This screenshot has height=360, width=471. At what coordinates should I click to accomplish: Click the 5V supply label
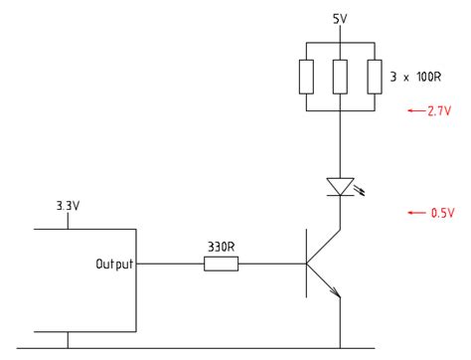[x=340, y=19]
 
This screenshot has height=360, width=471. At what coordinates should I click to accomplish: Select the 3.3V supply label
[x=68, y=207]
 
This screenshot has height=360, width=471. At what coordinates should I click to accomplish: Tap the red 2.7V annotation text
[x=440, y=111]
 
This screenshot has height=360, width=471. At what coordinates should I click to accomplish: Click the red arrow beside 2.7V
[x=415, y=111]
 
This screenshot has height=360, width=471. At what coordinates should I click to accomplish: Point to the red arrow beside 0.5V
[x=415, y=212]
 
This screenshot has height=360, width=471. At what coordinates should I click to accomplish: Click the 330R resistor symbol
[x=221, y=264]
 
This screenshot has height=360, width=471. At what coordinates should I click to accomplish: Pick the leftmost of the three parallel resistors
[x=306, y=77]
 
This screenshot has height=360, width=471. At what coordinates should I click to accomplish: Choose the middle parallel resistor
[x=340, y=77]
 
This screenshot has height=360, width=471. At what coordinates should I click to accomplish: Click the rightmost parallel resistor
[x=374, y=77]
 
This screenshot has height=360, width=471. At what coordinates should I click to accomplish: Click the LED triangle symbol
[x=340, y=186]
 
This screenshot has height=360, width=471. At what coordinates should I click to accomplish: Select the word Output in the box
[x=114, y=264]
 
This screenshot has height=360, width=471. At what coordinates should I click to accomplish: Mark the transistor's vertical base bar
[x=306, y=264]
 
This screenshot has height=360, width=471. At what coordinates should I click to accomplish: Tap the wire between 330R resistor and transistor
[x=271, y=264]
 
